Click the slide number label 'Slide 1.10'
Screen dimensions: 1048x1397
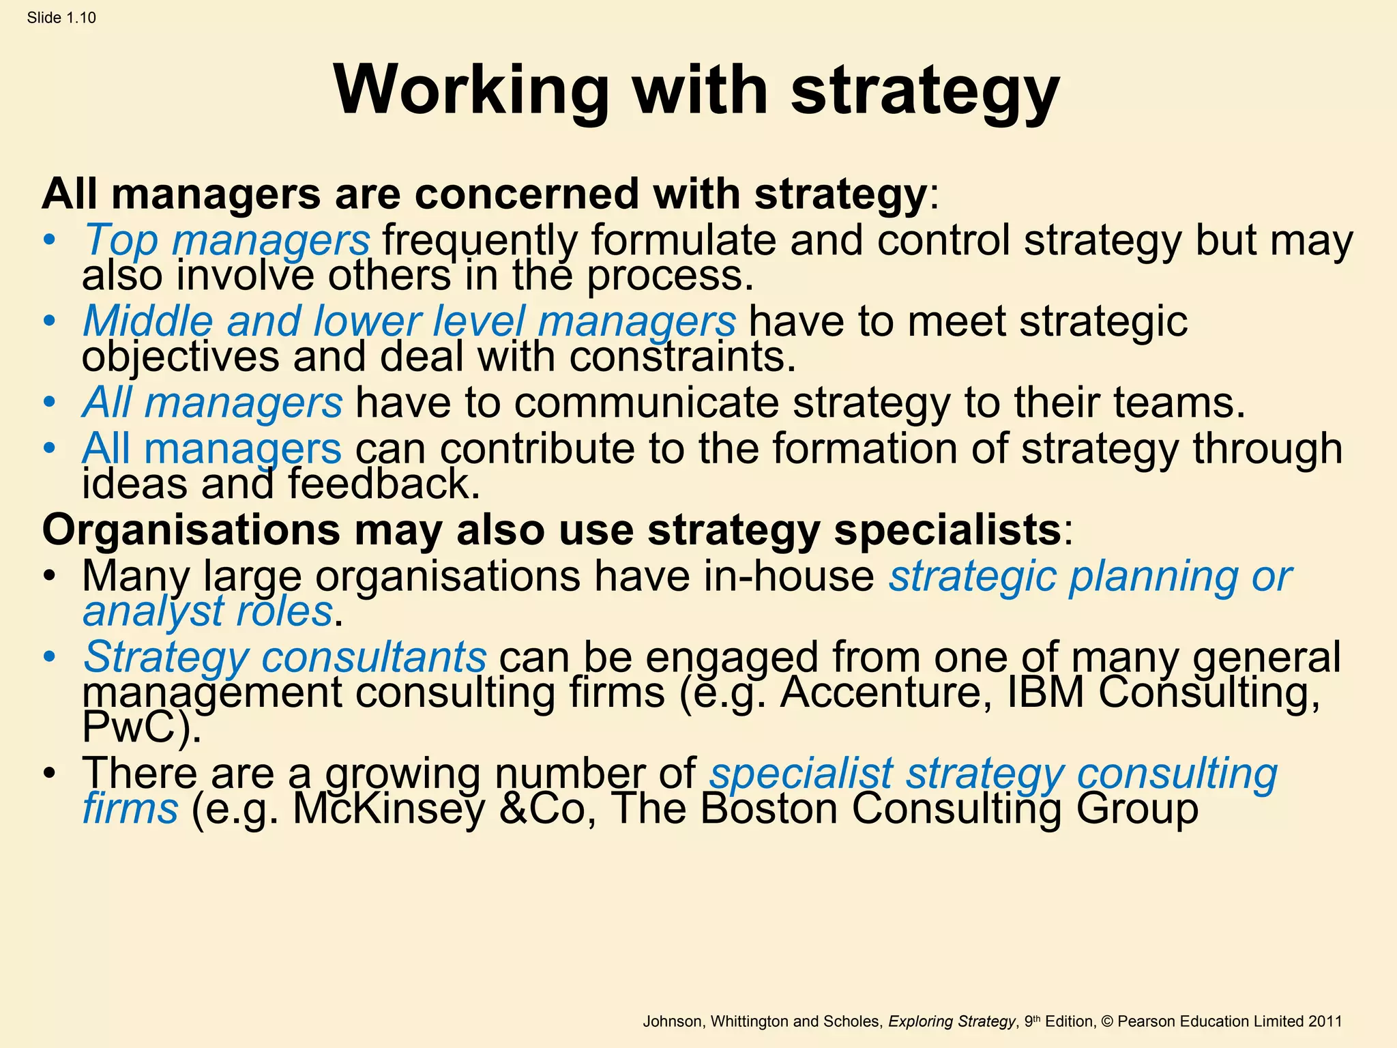pyautogui.click(x=61, y=18)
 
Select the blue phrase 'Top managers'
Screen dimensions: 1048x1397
pyautogui.click(x=226, y=240)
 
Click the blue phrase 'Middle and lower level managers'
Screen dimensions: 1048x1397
pyautogui.click(x=409, y=321)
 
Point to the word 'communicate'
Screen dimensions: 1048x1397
pyautogui.click(x=647, y=402)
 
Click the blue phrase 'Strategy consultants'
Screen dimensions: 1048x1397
pyautogui.click(x=285, y=656)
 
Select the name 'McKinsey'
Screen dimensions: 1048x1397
pyautogui.click(x=388, y=809)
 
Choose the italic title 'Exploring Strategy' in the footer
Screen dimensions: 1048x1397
pyautogui.click(x=952, y=1021)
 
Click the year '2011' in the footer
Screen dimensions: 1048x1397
pyautogui.click(x=1325, y=1021)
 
